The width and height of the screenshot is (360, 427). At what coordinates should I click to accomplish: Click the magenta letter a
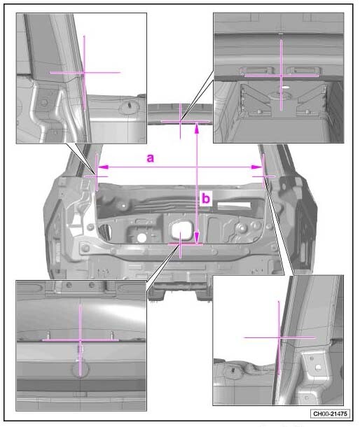coord(151,158)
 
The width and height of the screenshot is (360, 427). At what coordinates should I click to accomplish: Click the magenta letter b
coord(206,198)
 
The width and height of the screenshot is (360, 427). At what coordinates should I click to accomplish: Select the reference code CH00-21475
coord(330,414)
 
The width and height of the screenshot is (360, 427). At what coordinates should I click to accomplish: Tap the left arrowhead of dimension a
coord(103,167)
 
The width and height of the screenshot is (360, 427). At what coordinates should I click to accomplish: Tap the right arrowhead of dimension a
coord(257,167)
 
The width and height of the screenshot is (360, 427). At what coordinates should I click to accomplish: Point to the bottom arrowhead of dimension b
coord(197,237)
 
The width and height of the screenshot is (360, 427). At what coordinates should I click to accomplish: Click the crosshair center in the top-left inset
coord(84,72)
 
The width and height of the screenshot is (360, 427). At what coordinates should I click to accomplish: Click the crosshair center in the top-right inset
coord(282,76)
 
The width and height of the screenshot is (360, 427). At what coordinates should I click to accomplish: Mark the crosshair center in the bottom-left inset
coord(80,340)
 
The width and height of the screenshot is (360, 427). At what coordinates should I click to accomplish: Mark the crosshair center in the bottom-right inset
coord(279,337)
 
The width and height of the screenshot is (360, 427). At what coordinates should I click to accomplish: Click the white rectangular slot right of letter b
coord(234,205)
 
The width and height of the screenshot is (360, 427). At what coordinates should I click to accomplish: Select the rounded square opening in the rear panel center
coord(181,230)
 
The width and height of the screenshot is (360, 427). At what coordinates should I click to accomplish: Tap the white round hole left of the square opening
coord(141,238)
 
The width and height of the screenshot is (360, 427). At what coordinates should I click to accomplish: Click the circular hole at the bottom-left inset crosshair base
coord(80,370)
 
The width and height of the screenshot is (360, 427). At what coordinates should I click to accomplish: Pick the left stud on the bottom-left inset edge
coord(49,335)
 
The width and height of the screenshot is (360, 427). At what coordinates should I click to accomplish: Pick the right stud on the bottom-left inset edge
coord(112,335)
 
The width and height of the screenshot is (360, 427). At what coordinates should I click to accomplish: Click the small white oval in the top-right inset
coord(285,87)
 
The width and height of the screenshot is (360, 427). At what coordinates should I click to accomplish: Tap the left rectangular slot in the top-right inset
coord(257,70)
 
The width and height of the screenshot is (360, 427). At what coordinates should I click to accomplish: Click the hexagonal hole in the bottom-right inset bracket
coord(318,367)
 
